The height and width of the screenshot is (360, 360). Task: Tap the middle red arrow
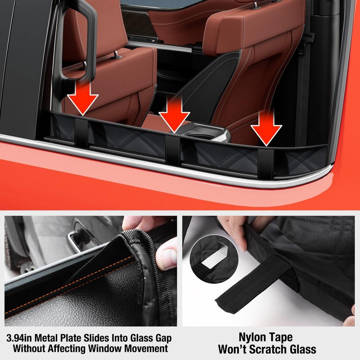pyautogui.click(x=174, y=114)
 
